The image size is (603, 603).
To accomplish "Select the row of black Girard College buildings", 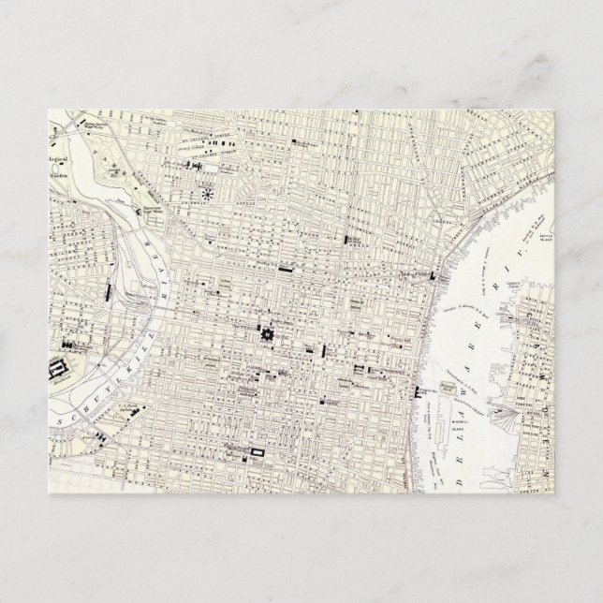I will pos(199,165).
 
